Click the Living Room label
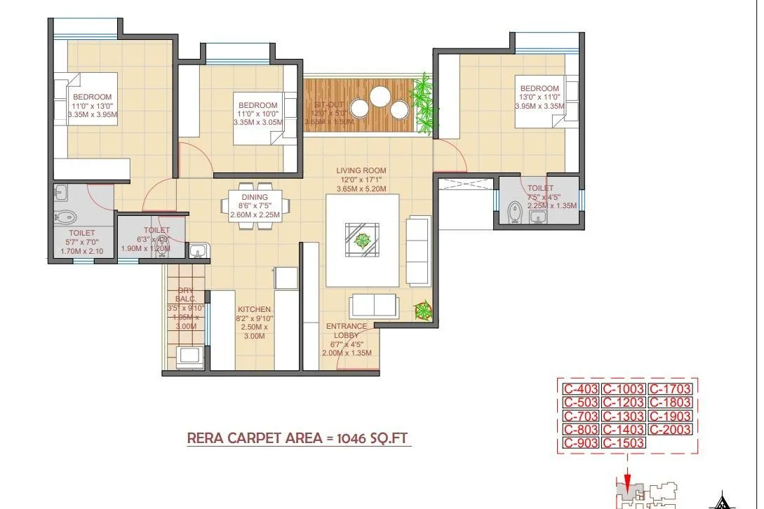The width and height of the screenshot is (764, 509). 361,170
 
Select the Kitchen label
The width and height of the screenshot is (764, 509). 254,309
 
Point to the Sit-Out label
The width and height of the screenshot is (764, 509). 324,104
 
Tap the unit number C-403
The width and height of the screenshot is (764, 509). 580,388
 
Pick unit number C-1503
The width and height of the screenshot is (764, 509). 624,443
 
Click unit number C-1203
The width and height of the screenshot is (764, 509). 624,402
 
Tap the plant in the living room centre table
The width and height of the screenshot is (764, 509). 362,240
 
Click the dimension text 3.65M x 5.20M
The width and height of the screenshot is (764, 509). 361,189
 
